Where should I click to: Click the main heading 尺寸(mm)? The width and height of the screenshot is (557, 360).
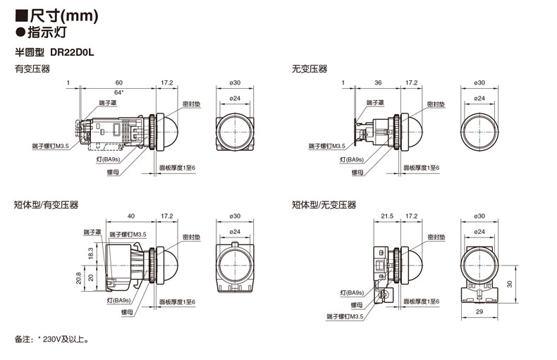64,16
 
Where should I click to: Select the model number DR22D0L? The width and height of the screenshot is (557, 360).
72,53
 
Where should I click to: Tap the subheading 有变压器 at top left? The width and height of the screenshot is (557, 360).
32,68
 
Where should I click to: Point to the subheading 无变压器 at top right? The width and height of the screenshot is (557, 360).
310,68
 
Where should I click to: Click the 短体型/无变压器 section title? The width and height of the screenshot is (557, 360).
324,204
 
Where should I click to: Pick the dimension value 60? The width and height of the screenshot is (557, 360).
119,82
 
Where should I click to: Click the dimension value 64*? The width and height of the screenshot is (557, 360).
119,92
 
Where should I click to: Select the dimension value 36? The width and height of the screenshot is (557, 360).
378,82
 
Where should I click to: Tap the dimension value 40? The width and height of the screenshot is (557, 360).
131,216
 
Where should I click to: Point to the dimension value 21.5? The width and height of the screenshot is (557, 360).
387,216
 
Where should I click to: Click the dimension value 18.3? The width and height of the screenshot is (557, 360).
90,253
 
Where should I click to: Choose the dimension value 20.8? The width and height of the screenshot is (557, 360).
78,278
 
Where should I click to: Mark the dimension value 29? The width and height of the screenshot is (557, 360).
479,311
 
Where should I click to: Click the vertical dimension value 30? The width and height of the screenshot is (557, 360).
510,284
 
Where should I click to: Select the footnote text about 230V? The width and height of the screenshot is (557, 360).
52,339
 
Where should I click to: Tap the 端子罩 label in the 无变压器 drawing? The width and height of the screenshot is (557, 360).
375,103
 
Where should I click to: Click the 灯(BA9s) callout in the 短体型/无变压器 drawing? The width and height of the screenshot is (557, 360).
352,293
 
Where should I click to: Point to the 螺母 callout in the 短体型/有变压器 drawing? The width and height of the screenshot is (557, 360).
127,312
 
